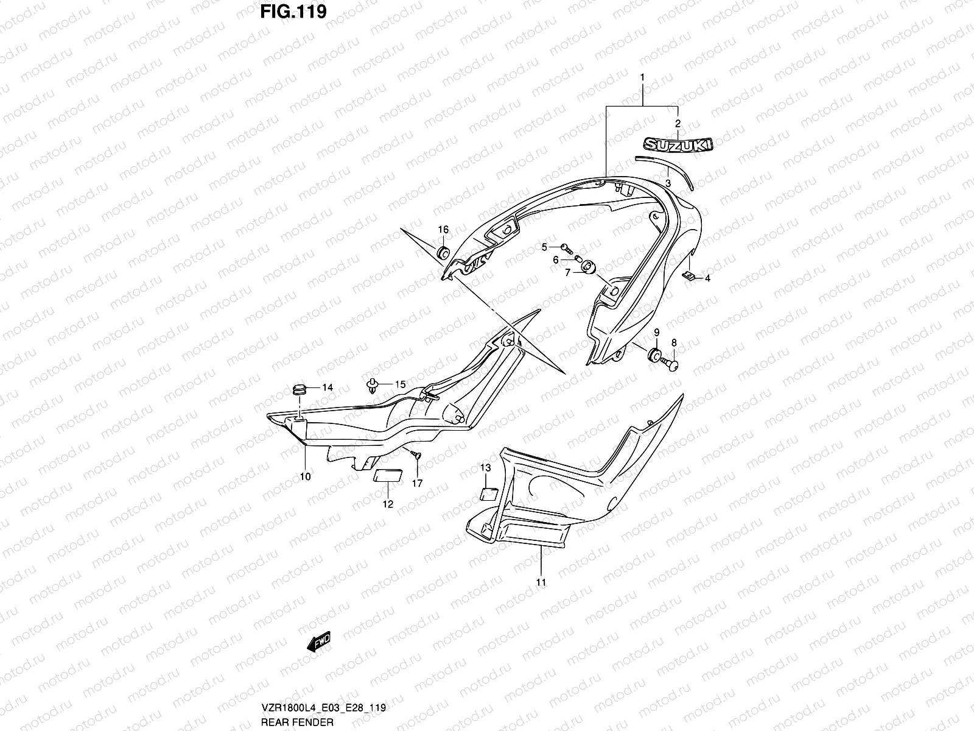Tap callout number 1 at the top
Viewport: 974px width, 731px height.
tap(642, 77)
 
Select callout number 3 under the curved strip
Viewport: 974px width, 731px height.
tap(668, 183)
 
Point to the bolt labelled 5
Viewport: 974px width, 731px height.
tap(567, 247)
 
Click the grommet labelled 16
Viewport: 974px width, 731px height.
tap(443, 252)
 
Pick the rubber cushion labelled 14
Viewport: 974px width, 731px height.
tap(299, 388)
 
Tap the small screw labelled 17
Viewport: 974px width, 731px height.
tap(415, 454)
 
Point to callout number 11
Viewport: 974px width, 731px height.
tap(541, 582)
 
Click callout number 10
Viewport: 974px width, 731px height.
tap(305, 476)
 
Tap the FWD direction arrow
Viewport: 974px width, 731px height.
tap(318, 642)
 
